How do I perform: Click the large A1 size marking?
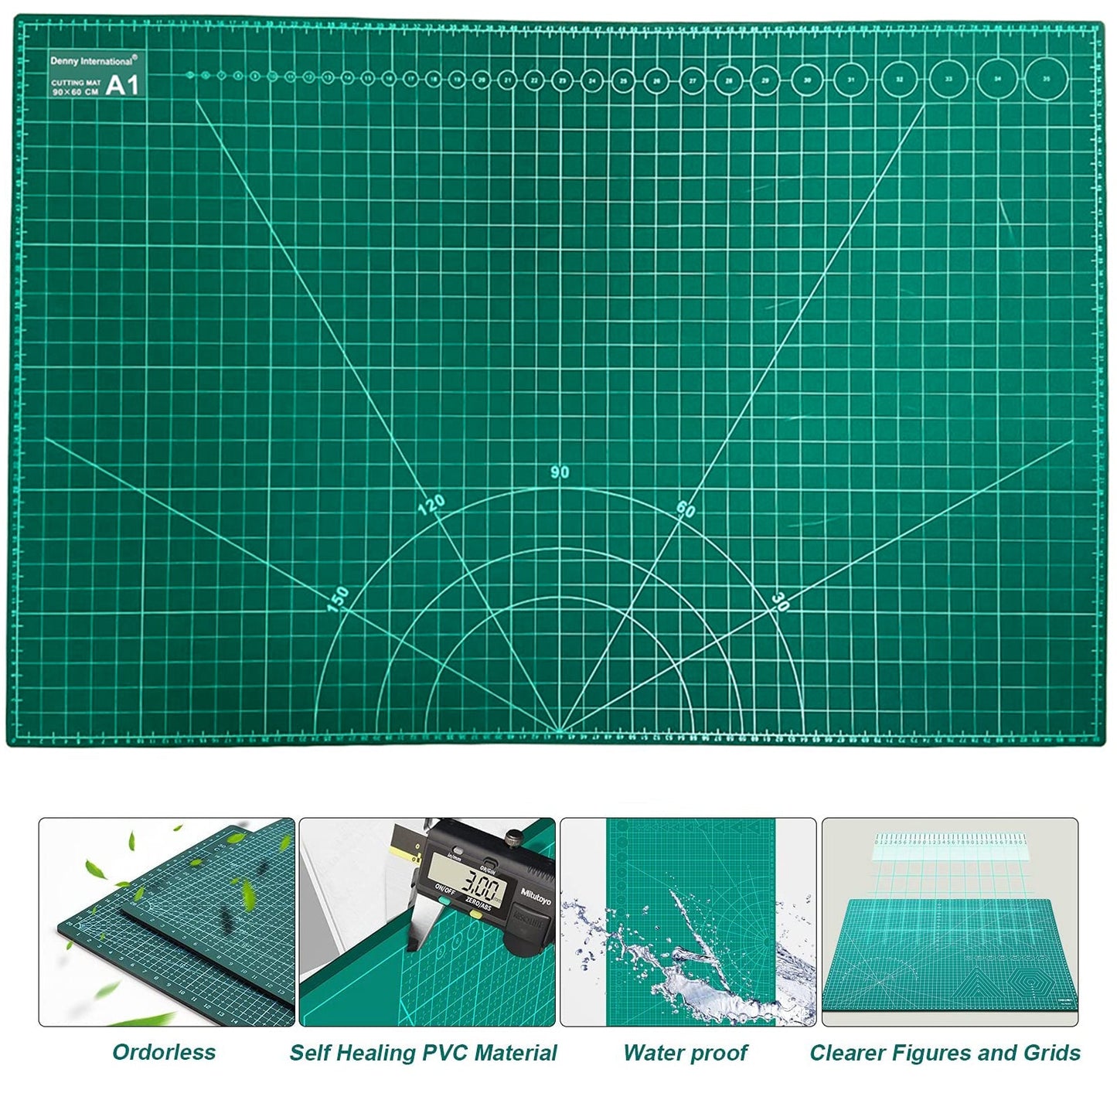coord(122,84)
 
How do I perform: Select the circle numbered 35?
coord(1046,78)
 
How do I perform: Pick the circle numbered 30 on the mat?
coord(807,80)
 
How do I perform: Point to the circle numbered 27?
coord(693,80)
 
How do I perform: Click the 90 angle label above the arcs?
coord(560,472)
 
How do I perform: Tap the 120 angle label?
coord(431,505)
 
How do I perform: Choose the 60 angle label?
coord(686,508)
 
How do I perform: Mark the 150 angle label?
coord(338,599)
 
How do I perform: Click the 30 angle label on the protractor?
coord(781,601)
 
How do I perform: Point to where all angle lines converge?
coord(558,730)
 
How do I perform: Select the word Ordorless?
coord(164,1052)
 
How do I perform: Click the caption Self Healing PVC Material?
coord(423,1053)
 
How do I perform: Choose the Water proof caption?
coord(685,1053)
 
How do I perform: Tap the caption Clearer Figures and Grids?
coord(945,1053)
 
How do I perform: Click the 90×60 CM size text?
coord(74,90)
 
